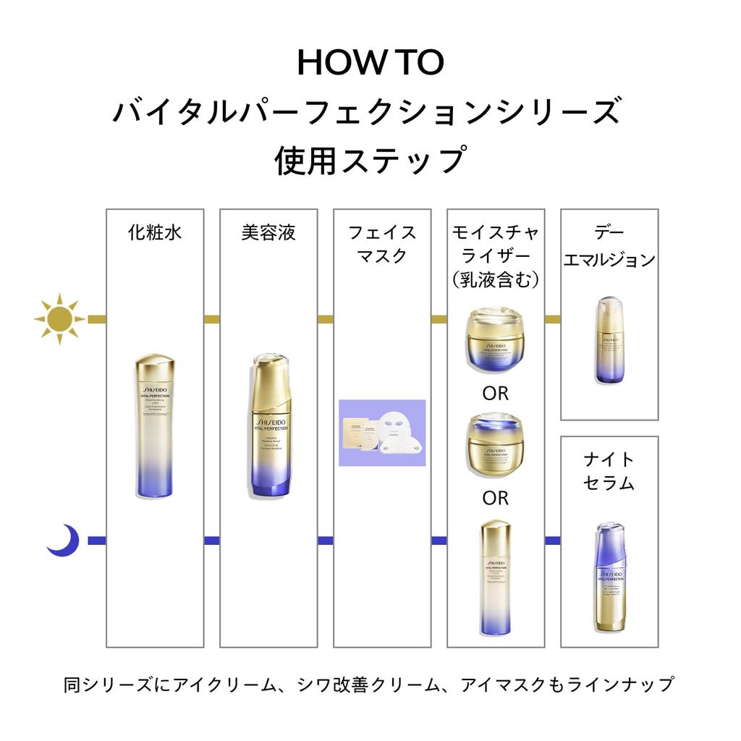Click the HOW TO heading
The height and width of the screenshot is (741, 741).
click(x=370, y=63)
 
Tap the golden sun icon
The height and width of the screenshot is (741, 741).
click(x=59, y=318)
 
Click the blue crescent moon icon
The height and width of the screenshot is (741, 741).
click(x=63, y=540)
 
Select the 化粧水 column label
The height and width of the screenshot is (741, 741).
click(x=154, y=233)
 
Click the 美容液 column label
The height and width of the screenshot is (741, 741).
click(x=268, y=233)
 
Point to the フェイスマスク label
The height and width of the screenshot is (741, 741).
click(x=382, y=245)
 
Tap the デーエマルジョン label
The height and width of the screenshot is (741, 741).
click(x=609, y=246)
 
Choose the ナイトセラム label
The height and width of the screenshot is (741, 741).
click(x=609, y=471)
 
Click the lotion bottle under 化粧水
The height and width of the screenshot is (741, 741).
click(x=154, y=425)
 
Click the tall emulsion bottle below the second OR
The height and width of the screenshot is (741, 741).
click(x=496, y=577)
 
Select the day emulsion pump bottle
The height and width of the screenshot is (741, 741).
click(x=609, y=340)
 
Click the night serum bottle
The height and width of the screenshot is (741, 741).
click(x=609, y=577)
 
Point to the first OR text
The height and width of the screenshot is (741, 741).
click(x=496, y=394)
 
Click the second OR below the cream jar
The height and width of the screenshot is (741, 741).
click(x=496, y=498)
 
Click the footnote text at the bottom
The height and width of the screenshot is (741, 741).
click(x=369, y=684)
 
